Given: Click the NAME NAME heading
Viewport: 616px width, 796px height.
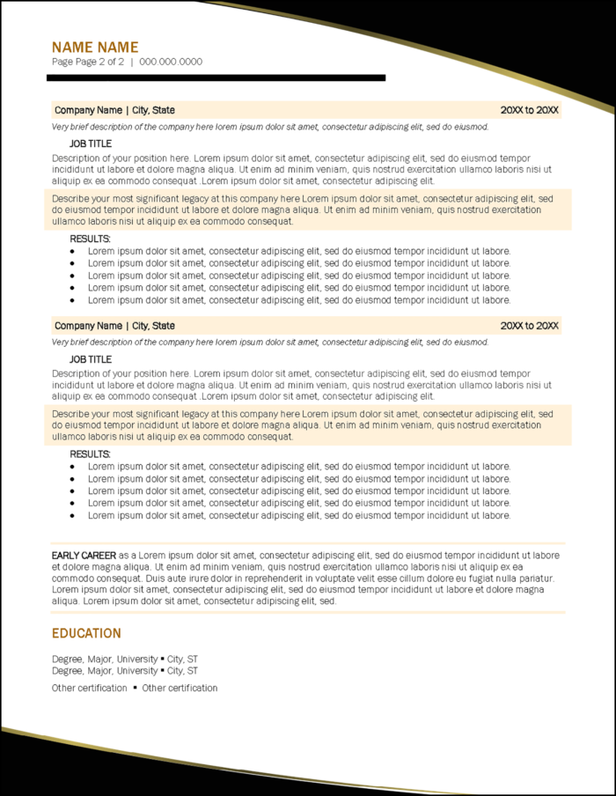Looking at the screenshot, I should point(95,48).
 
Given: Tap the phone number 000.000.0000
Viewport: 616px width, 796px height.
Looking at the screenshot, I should point(171,62).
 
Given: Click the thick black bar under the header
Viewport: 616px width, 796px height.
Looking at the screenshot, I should point(216,78).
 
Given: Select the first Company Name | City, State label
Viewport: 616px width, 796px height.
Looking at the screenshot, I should point(114,110).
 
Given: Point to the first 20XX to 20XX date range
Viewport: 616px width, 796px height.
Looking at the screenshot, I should point(529,110).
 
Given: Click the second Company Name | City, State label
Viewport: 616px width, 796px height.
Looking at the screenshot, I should point(114,326).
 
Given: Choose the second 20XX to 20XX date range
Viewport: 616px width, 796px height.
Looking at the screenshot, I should point(529,326).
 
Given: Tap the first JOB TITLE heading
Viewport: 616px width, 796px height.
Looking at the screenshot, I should point(91,144).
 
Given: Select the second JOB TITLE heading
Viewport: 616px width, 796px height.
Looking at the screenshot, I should point(91,359).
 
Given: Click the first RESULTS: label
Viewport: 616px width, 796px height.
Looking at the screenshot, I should point(90,239).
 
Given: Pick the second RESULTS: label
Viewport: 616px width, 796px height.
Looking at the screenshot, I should point(90,454).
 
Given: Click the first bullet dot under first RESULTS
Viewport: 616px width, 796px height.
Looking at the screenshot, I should point(72,251).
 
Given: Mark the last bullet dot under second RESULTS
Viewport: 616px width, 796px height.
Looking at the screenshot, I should point(72,516).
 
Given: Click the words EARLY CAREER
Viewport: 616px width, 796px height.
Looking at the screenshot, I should point(84,556).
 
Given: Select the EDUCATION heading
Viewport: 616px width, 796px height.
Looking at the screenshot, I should point(86,633).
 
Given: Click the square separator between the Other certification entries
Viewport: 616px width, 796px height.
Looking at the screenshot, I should point(135,688).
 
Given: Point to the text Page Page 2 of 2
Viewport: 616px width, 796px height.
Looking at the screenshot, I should point(88,62).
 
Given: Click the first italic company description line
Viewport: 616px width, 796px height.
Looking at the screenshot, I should point(269,127).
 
